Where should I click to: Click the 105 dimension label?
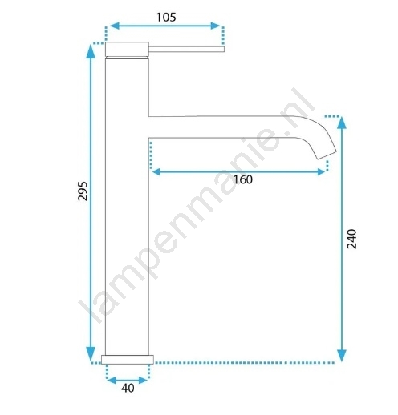(x=166, y=18)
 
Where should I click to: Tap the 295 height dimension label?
(x=83, y=191)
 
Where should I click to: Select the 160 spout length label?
(x=243, y=179)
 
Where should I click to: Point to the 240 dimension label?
(x=351, y=239)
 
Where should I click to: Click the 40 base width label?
(x=128, y=388)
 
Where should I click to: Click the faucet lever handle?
(x=186, y=49)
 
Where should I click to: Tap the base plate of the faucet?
(x=128, y=360)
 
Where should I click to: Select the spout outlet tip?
(x=327, y=155)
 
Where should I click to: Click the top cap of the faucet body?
(x=127, y=50)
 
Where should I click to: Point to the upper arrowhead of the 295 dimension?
(x=91, y=51)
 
